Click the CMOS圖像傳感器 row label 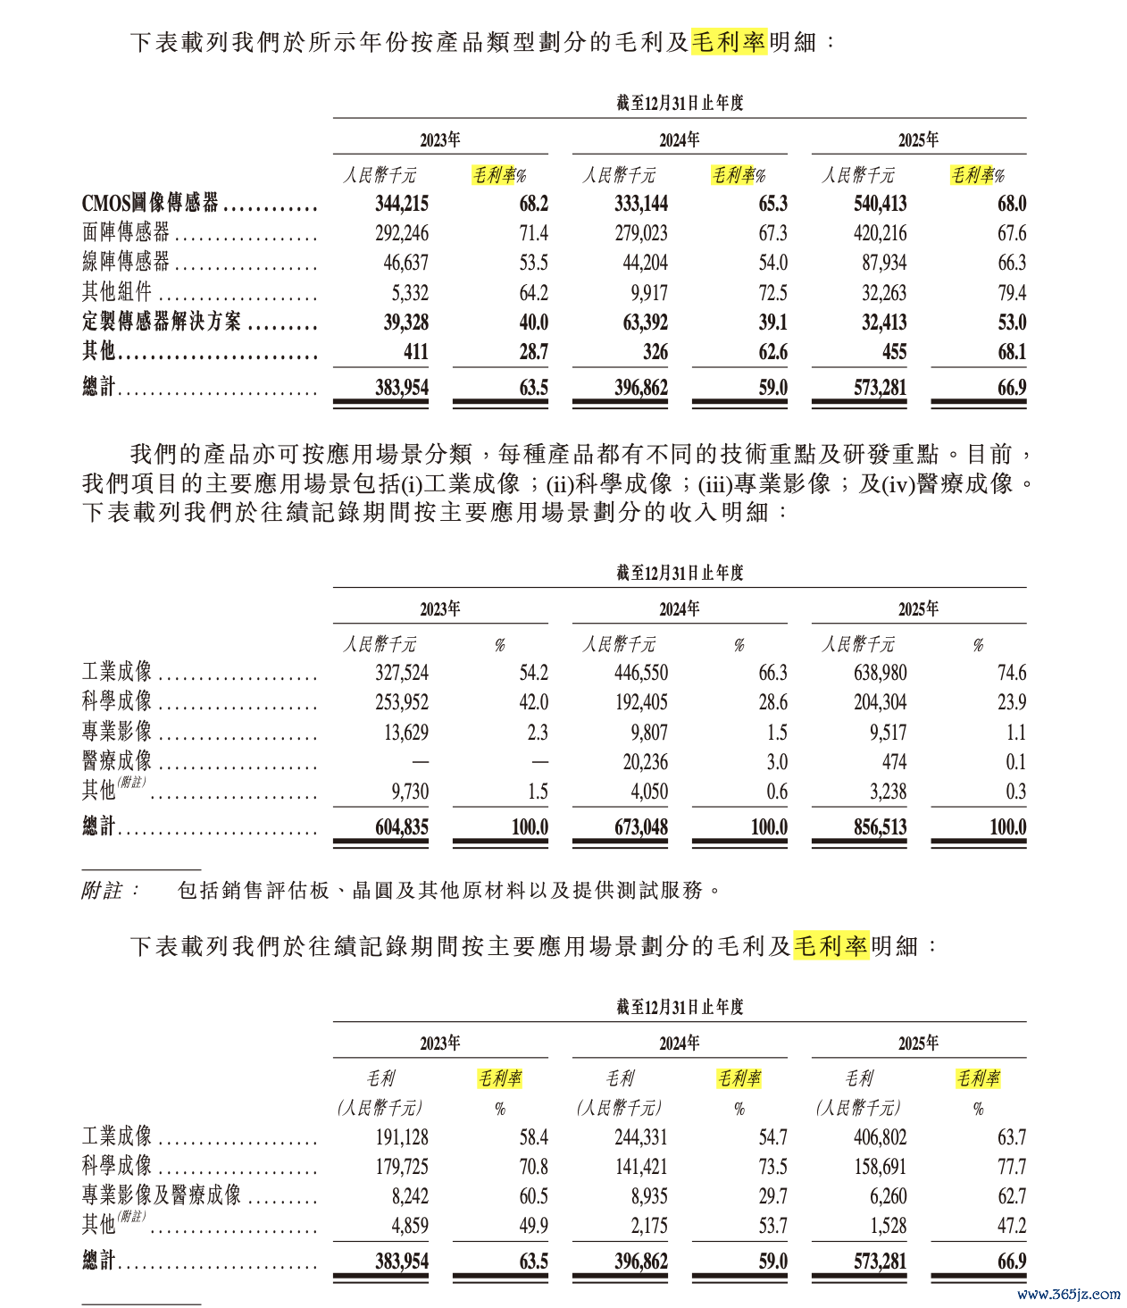tap(150, 204)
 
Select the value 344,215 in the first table tap(402, 204)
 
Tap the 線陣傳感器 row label tap(126, 263)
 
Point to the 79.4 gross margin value tap(1012, 293)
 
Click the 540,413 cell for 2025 tap(880, 204)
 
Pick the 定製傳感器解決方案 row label tap(162, 323)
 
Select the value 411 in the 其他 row tap(415, 352)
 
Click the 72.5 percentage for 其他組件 tap(772, 293)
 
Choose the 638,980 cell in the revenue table tap(880, 673)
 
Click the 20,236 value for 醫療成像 tap(641, 762)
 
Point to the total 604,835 tap(402, 827)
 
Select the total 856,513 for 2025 tap(880, 827)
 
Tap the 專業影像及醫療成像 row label tap(162, 1196)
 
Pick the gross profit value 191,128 tap(402, 1137)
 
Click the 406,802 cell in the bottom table tap(880, 1137)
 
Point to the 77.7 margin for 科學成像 tap(1012, 1167)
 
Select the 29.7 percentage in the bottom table tap(772, 1196)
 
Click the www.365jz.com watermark tap(1068, 1294)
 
